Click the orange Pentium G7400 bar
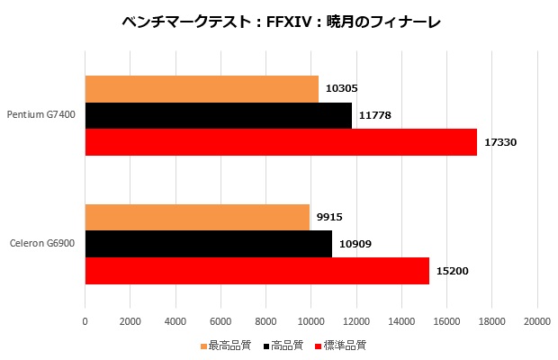(x=202, y=89)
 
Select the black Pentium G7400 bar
(x=218, y=115)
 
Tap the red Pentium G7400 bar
(x=281, y=142)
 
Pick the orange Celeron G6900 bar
(x=197, y=217)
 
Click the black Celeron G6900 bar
(x=208, y=244)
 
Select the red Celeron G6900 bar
(x=256, y=270)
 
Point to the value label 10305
(x=342, y=89)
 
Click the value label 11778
(x=374, y=115)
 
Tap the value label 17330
(x=500, y=142)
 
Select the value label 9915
(x=329, y=217)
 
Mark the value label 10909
(x=355, y=244)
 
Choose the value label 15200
(x=453, y=270)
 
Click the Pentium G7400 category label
(x=41, y=115)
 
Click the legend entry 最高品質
(x=229, y=345)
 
